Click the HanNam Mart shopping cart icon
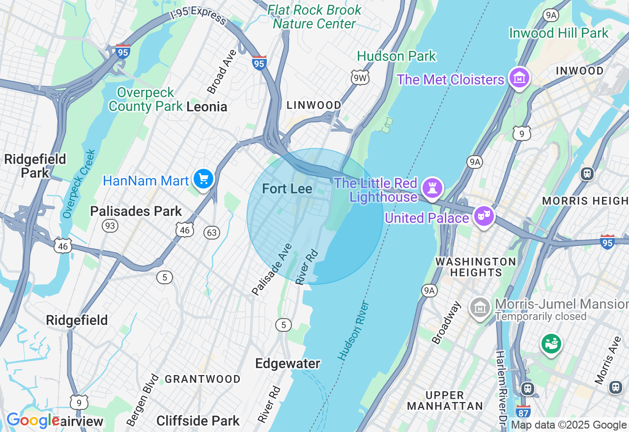pyautogui.click(x=203, y=179)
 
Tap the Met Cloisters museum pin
pyautogui.click(x=519, y=78)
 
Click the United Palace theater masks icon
pyautogui.click(x=484, y=216)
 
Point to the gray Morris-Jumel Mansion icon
pyautogui.click(x=480, y=307)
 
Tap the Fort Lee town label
pyautogui.click(x=287, y=189)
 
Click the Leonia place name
pyautogui.click(x=207, y=107)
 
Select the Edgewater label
pyautogui.click(x=287, y=364)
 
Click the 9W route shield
pyautogui.click(x=360, y=77)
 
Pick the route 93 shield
pyautogui.click(x=110, y=225)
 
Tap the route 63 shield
pyautogui.click(x=212, y=232)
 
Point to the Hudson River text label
pyautogui.click(x=353, y=331)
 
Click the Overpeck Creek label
pyautogui.click(x=78, y=184)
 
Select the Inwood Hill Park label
pyautogui.click(x=559, y=33)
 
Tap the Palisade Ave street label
pyautogui.click(x=272, y=269)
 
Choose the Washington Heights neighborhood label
pyautogui.click(x=476, y=267)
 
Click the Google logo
pyautogui.click(x=32, y=421)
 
